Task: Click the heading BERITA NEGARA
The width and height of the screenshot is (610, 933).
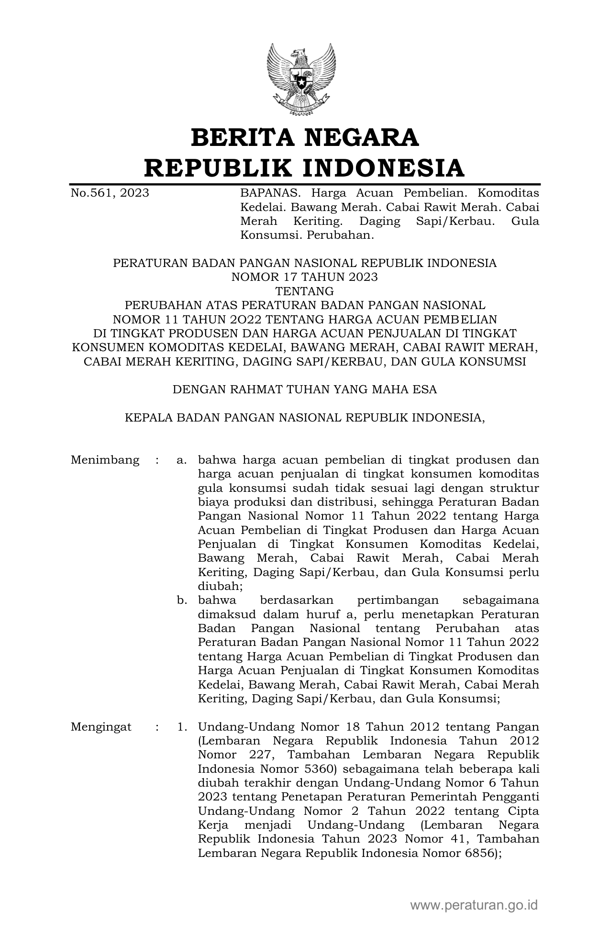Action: [x=305, y=138]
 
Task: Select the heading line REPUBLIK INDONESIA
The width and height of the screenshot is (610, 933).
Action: [x=305, y=167]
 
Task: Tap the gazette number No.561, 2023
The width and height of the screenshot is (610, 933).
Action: [x=110, y=193]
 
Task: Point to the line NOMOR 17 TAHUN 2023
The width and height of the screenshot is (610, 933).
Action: [x=305, y=277]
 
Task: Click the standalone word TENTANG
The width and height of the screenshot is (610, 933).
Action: [x=305, y=291]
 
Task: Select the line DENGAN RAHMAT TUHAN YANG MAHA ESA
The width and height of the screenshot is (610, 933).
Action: [x=305, y=389]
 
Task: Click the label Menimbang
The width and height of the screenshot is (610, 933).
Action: [x=105, y=460]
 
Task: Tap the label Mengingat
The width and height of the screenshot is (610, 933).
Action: [x=101, y=727]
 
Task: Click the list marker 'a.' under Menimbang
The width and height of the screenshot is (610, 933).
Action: [x=181, y=460]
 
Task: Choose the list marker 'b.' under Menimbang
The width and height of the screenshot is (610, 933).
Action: [x=181, y=600]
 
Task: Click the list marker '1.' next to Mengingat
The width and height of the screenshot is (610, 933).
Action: [x=182, y=727]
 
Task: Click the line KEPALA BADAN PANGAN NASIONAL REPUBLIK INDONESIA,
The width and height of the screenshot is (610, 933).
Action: [x=305, y=417]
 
